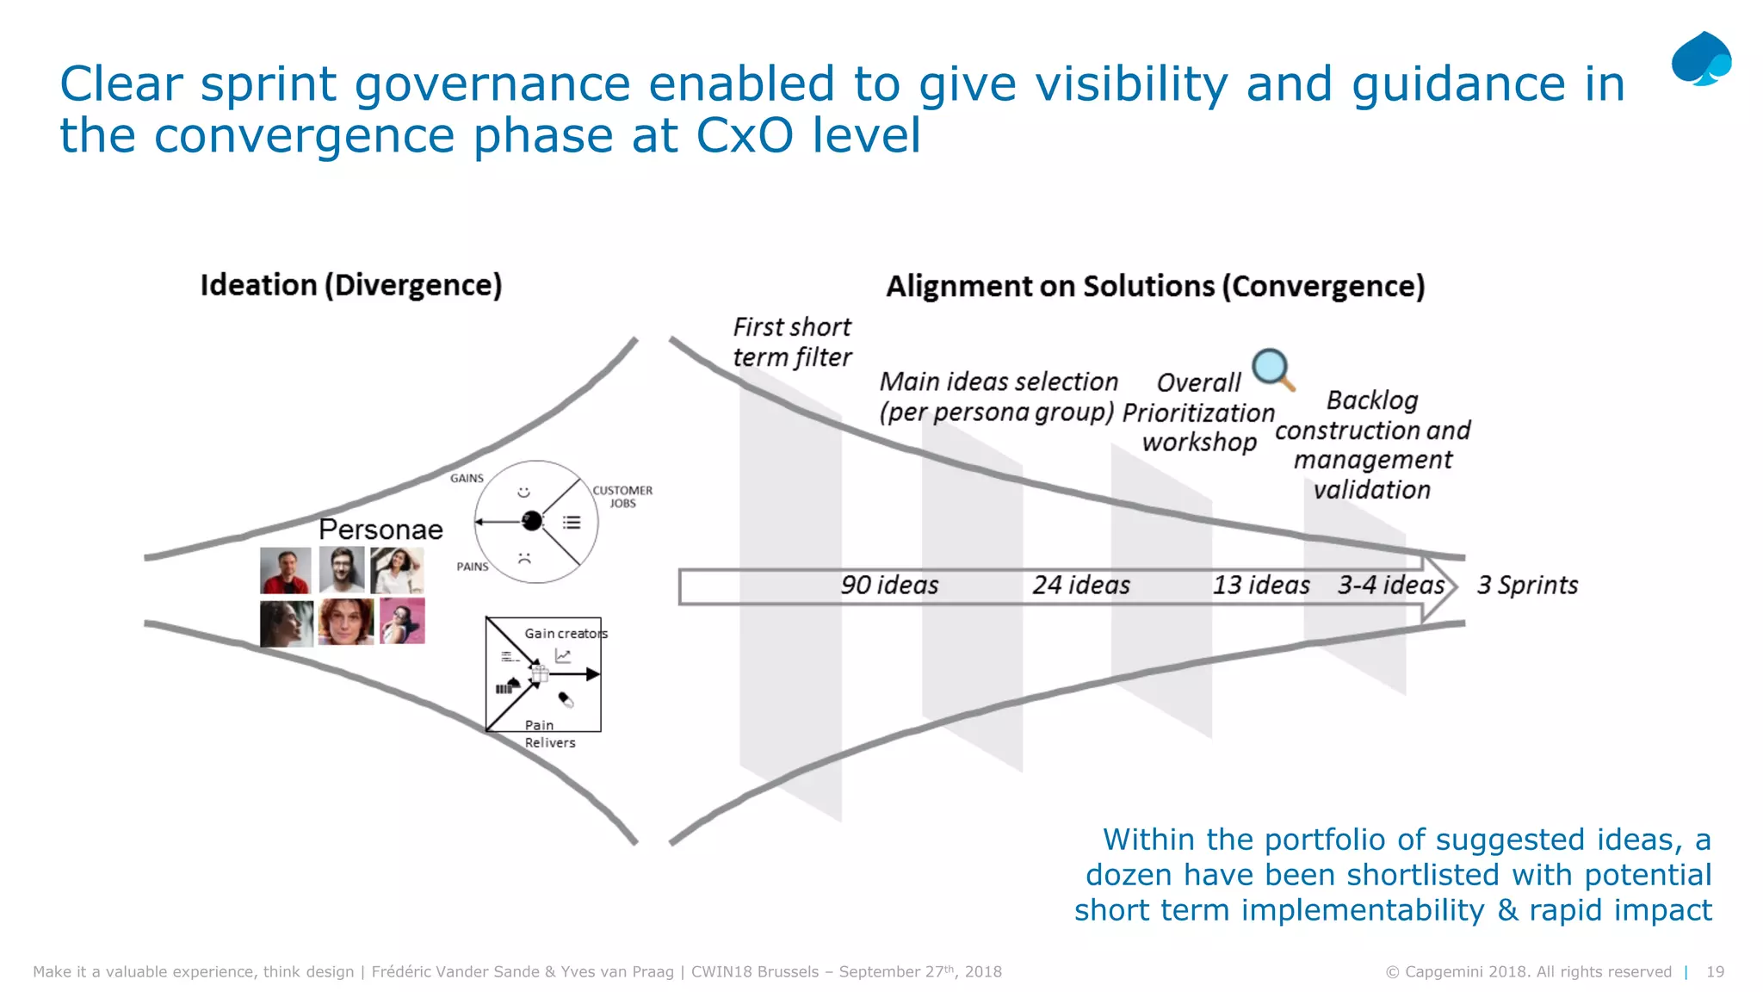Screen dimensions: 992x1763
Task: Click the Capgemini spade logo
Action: tap(1701, 59)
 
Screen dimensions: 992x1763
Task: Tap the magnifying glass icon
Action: tap(1272, 369)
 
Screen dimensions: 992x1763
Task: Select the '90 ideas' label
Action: tap(889, 586)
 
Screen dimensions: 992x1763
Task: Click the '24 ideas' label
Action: tap(1081, 586)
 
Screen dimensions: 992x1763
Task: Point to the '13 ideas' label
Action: tap(1261, 586)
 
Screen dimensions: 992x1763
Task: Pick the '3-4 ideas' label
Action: tap(1390, 586)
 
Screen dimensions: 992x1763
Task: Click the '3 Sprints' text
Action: tap(1527, 586)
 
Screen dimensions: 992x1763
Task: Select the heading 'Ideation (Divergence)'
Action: tap(351, 285)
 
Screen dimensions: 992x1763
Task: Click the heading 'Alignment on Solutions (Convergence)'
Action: tap(1155, 286)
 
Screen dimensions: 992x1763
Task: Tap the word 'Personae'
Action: tap(380, 530)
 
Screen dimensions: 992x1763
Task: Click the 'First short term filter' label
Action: tap(792, 342)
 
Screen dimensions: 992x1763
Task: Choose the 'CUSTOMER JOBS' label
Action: tap(622, 497)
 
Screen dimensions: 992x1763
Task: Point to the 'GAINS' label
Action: tap(467, 479)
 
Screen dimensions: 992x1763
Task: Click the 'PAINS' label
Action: tap(472, 567)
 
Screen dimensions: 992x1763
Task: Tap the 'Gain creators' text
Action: tap(566, 634)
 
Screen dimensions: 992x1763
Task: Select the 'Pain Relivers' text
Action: tap(549, 734)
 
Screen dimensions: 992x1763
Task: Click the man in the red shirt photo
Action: tap(286, 570)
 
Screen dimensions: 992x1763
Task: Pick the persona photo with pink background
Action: tap(402, 622)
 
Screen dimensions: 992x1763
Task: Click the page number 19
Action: tap(1715, 971)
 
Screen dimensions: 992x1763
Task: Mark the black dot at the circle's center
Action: tap(532, 521)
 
